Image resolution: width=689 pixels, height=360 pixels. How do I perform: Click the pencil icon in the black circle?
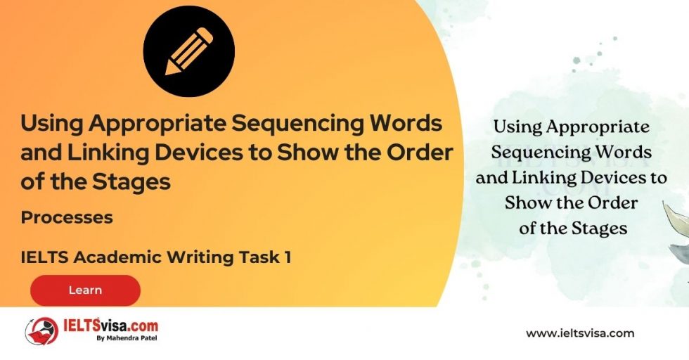pyautogui.click(x=188, y=51)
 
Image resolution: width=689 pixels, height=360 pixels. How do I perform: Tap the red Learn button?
pyautogui.click(x=85, y=290)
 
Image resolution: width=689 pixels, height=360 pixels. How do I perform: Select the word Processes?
pyautogui.click(x=67, y=217)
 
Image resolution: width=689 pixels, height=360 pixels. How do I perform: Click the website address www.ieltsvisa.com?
pyautogui.click(x=580, y=333)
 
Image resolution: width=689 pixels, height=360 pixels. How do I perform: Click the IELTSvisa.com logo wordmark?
pyautogui.click(x=111, y=327)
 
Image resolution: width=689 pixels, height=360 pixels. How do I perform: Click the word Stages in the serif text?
pyautogui.click(x=598, y=229)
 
